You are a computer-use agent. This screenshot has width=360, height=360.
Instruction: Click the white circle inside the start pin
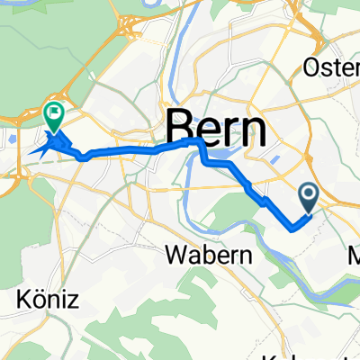click(308, 193)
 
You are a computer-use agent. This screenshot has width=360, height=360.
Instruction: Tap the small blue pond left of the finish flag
click(11, 139)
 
